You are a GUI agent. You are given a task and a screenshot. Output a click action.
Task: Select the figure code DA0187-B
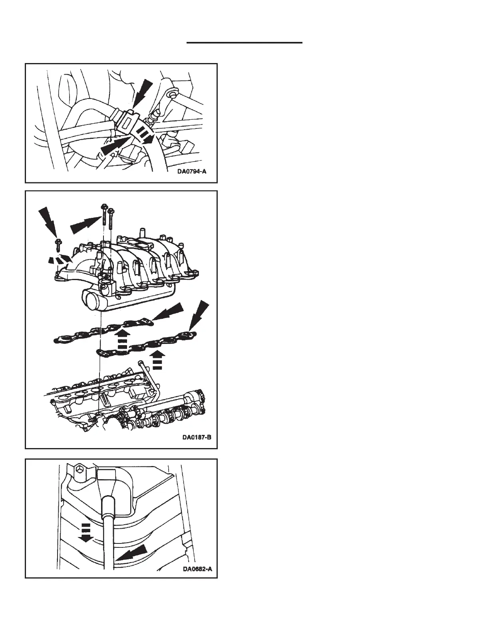(197, 437)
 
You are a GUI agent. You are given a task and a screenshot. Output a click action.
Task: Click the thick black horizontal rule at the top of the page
(245, 42)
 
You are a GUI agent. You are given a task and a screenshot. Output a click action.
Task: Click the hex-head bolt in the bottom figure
(80, 470)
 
